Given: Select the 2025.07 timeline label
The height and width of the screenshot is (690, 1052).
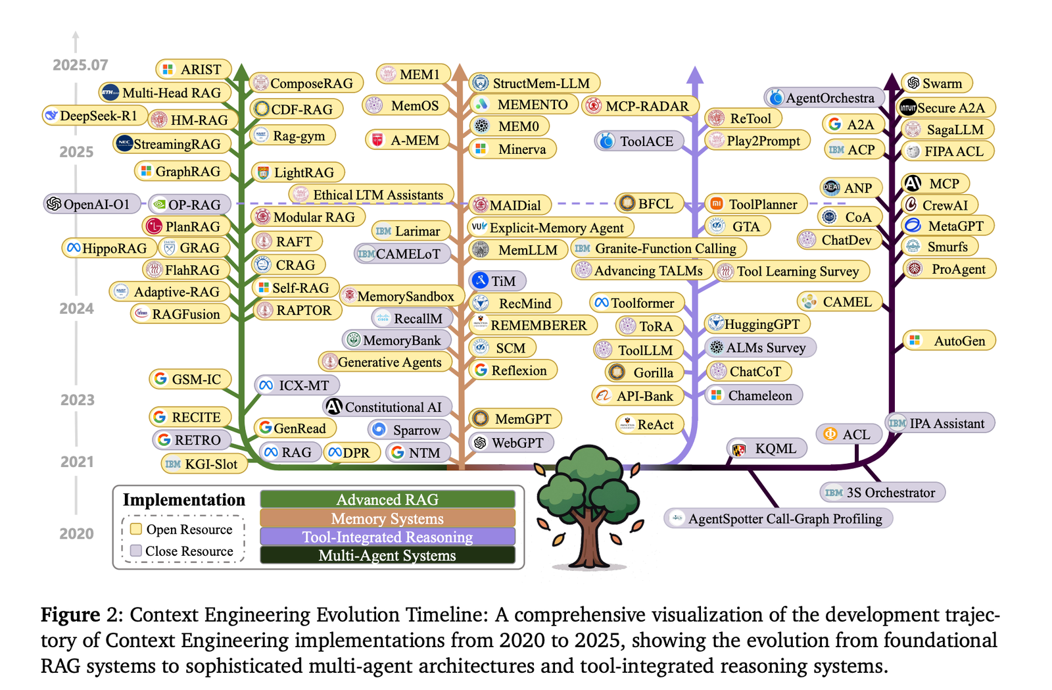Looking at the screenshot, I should coord(80,65).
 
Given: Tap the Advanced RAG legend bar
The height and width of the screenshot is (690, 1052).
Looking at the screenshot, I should coord(387,499).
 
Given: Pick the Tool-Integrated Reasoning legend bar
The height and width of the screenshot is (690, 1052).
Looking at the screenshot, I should coord(387,537).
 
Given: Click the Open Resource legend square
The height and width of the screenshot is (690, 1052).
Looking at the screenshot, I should coord(136,529).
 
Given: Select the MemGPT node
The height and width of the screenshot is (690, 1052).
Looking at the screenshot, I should coord(515,419).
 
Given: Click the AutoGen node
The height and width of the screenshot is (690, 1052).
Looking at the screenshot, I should coord(949,341).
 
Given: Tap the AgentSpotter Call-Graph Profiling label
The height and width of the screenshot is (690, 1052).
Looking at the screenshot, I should coord(778,518).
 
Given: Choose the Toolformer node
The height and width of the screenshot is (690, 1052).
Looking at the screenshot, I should coord(636,303).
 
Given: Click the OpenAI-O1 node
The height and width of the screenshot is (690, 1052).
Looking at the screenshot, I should coord(91,204).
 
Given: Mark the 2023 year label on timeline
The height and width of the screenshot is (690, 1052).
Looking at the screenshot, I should coord(77,400).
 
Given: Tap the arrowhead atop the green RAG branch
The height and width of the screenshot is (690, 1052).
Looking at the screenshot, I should coord(241,72).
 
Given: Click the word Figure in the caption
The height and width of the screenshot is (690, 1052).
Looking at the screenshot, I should coord(70,614).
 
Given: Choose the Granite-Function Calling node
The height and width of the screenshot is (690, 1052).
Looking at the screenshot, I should coord(657,249).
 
